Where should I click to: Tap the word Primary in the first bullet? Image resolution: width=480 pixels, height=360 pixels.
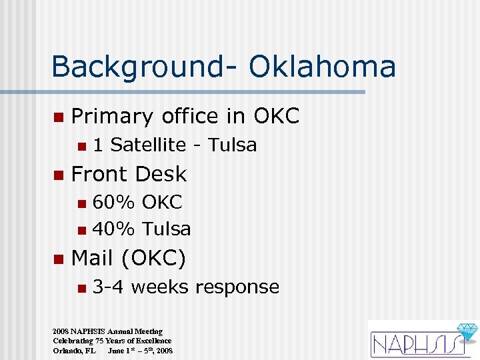coord(112,117)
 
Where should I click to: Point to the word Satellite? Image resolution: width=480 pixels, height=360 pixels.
coord(148,145)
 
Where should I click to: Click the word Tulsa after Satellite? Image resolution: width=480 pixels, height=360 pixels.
coord(232,145)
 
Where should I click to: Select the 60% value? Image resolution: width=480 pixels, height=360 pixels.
coord(111,201)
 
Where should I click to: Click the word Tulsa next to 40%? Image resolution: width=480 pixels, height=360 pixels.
coord(167,229)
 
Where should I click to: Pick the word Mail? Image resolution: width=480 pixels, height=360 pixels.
coord(94,257)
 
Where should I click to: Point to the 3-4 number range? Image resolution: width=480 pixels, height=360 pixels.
coord(109,287)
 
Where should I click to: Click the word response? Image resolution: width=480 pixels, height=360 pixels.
coord(237,287)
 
